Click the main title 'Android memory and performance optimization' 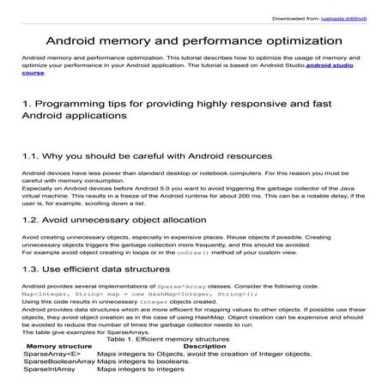(x=193, y=39)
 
